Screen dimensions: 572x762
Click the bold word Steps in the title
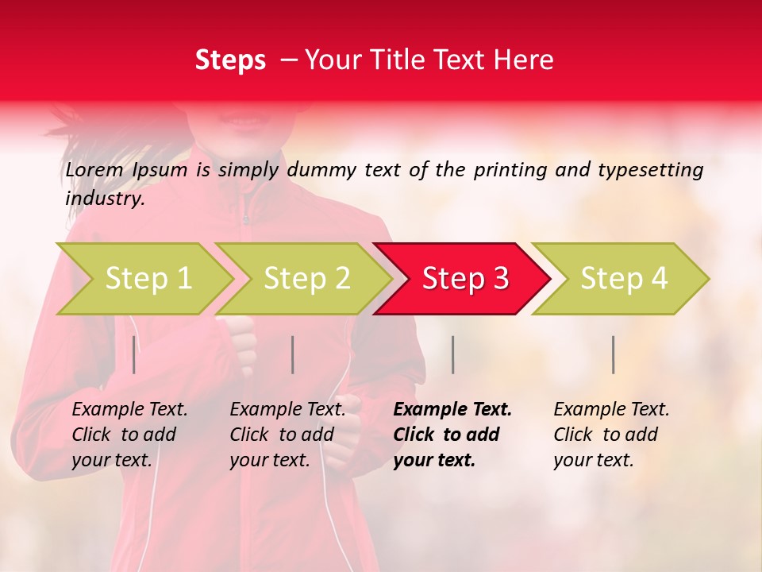230,60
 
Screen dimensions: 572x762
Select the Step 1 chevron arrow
148,278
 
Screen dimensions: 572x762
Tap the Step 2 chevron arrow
306,278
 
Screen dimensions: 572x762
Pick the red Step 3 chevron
464,278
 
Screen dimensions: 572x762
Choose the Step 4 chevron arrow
623,278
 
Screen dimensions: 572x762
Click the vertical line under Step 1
134,354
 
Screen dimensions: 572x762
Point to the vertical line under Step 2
293,354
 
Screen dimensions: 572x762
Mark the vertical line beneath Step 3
453,354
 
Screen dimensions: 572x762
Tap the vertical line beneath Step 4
614,354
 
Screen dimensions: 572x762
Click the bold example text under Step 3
452,435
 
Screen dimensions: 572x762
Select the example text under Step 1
129,435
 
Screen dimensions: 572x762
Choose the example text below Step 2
287,435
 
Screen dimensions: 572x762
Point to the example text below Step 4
611,435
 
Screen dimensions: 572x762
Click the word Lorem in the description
94,169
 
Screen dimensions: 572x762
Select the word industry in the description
105,199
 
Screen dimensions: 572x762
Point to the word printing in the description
503,169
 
